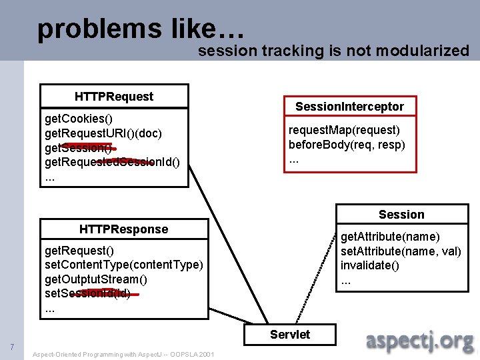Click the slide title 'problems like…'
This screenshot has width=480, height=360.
[142, 28]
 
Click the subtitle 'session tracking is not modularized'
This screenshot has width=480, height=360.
[333, 51]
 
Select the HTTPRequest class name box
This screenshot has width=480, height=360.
[114, 96]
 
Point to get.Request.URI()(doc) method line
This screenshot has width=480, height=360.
[103, 133]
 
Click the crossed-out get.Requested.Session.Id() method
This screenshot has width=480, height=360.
[111, 161]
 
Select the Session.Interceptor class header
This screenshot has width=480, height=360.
[349, 107]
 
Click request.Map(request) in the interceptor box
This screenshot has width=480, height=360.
[344, 130]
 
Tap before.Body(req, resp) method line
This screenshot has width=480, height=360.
[347, 144]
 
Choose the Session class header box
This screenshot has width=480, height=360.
[401, 214]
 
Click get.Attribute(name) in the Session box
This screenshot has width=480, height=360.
[390, 237]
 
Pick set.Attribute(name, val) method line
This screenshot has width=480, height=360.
[401, 251]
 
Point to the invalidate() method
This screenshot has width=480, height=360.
[370, 265]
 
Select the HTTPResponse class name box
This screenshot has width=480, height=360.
[123, 229]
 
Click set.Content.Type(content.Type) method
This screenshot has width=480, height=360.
[123, 265]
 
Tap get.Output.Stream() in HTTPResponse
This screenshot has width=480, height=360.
[96, 279]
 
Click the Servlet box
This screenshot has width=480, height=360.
[290, 334]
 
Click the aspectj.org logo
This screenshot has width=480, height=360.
[420, 341]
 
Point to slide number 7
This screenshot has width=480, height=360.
[12, 347]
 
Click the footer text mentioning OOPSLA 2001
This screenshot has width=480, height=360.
[123, 354]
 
